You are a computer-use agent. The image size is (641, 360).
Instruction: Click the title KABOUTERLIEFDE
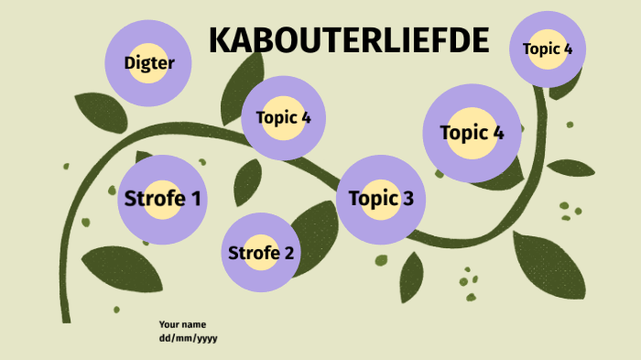tap(348, 41)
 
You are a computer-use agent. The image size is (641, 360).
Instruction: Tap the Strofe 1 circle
tap(163, 199)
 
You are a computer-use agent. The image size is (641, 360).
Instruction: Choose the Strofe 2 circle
tap(261, 253)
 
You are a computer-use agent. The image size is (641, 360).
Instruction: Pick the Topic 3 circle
tap(381, 199)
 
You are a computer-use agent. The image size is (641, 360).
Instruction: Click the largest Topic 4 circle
tap(472, 133)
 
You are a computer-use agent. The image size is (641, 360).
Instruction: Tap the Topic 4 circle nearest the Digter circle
tap(283, 118)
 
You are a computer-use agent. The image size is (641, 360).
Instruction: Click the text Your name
tap(182, 324)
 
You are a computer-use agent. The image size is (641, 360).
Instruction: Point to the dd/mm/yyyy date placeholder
tap(188, 338)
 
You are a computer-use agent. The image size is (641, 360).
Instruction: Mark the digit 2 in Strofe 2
tap(288, 254)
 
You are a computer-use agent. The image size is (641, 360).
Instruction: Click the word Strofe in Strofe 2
tap(249, 254)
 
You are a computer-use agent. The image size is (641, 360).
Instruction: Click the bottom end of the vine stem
tap(65, 318)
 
